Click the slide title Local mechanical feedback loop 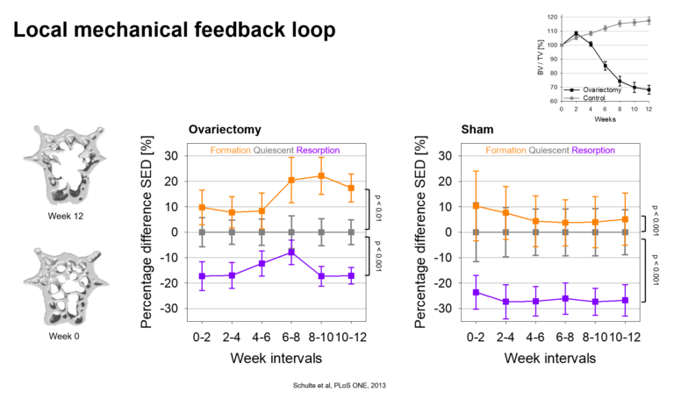coord(174,30)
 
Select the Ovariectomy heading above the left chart coord(225,130)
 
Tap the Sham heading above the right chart coord(477,130)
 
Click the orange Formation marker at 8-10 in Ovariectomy coord(321,176)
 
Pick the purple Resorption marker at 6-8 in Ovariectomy coord(291,252)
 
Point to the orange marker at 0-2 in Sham coord(476,206)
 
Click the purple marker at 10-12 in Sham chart coord(626,300)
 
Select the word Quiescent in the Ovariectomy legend coord(274,150)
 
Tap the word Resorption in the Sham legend coord(593,150)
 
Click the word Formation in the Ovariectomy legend coord(231,150)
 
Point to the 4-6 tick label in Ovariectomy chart coord(262,338)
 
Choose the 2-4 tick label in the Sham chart coord(505,338)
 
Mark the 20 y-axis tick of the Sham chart coord(445,182)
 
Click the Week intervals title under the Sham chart coord(550,358)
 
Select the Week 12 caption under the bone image coord(65,216)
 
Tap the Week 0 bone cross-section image coord(65,287)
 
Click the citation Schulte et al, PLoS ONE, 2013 coord(339,385)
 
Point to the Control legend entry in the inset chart coord(593,98)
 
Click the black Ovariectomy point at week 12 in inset coord(649,89)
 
